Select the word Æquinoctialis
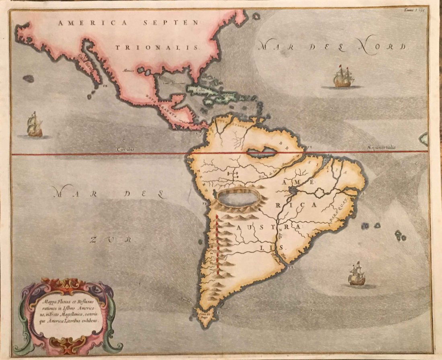(381, 147)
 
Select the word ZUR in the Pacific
(110, 240)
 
